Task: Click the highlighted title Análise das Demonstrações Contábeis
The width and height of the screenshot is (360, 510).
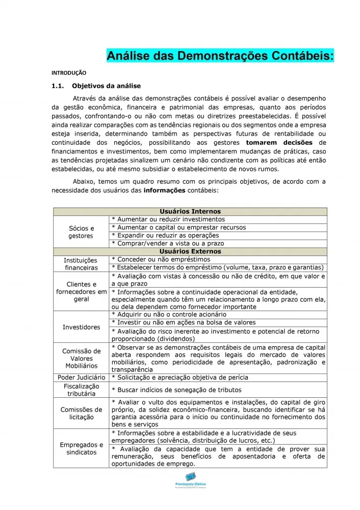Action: pos(220,56)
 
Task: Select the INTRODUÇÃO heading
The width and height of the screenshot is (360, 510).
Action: pos(69,73)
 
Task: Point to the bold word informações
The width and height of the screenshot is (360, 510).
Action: pos(165,190)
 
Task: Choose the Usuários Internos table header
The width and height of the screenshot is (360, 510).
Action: pos(190,211)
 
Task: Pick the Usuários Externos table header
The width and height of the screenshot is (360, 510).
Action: pos(190,251)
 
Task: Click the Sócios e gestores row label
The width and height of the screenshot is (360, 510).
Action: pos(81,232)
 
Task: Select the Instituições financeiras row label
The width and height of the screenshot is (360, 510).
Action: pos(81,264)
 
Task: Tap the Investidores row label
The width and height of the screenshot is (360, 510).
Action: pos(81,327)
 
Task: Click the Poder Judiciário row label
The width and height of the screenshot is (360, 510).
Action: pos(81,377)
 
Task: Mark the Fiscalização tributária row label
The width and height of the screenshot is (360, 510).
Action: pos(81,390)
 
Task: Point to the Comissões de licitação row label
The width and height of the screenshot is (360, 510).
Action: pos(81,413)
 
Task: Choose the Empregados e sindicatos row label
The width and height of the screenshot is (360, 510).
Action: pos(81,448)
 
